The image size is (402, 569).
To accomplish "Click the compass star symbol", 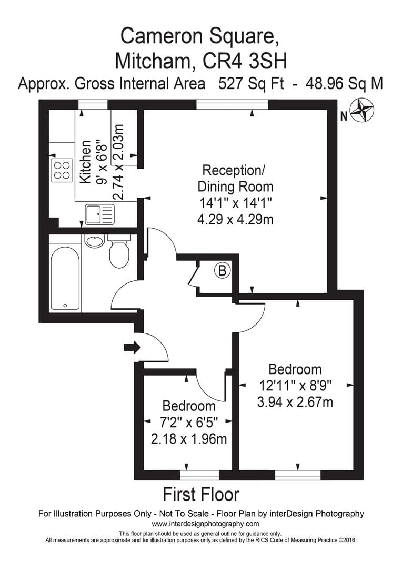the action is click(x=361, y=110).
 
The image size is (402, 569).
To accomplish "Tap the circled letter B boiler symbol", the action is click(x=222, y=270).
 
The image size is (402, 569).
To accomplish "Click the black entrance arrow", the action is click(x=132, y=347).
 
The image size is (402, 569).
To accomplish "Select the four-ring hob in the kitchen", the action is click(x=62, y=171).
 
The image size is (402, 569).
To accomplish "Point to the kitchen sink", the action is click(x=99, y=214).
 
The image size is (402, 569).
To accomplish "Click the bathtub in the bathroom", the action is click(x=65, y=278).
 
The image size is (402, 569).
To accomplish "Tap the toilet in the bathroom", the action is click(x=119, y=251).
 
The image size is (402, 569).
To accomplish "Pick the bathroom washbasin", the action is click(x=95, y=241).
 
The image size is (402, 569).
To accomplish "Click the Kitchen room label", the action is click(x=86, y=162).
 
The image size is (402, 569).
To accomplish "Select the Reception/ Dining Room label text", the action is click(x=235, y=178).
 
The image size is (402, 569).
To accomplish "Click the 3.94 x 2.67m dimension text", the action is click(x=295, y=402).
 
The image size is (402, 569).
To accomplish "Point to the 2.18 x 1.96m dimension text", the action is click(x=188, y=439).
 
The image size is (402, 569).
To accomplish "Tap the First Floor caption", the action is click(x=201, y=495).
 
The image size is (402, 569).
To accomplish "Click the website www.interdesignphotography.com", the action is click(x=205, y=524).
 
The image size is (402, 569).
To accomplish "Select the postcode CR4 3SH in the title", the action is click(x=245, y=61).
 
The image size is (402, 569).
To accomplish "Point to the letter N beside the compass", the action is click(x=344, y=116).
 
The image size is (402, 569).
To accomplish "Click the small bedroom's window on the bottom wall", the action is click(x=199, y=475).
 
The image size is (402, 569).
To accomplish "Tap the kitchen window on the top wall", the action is click(x=93, y=104).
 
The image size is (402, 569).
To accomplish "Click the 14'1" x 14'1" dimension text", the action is click(x=235, y=203).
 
